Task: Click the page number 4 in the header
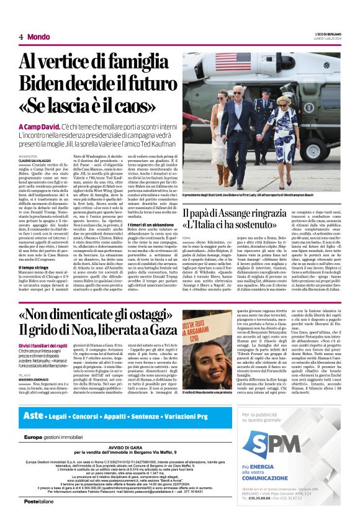pyautogui.click(x=21, y=37)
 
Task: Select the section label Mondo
pyautogui.click(x=38, y=37)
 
